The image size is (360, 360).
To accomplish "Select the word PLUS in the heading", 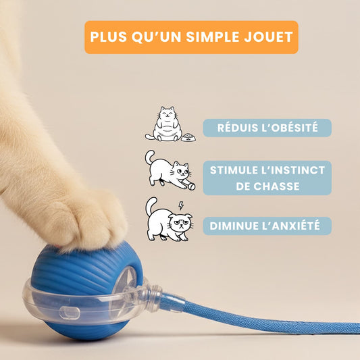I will click(109, 37).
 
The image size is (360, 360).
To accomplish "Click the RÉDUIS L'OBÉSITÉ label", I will click(267, 128).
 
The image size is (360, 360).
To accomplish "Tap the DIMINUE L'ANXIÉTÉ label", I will click(267, 226).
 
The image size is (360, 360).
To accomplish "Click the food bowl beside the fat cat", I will click(188, 137).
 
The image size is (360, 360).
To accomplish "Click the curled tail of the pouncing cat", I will click(151, 157).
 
